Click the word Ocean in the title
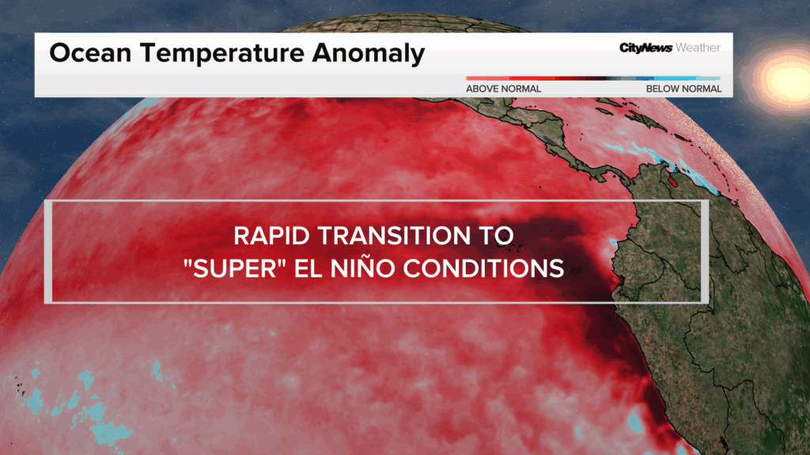click(90, 53)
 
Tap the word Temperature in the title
click(222, 53)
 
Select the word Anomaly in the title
click(369, 54)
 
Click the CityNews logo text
click(645, 48)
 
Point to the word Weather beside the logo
click(698, 47)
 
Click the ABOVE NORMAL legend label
click(504, 88)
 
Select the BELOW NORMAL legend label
click(684, 88)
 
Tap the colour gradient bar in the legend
click(593, 78)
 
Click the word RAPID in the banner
click(271, 235)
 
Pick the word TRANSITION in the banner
click(394, 235)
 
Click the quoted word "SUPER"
click(235, 269)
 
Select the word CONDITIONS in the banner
click(483, 269)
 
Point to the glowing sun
click(788, 78)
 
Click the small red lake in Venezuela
click(672, 181)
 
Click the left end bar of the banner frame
click(48, 251)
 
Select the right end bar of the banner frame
click(705, 251)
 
